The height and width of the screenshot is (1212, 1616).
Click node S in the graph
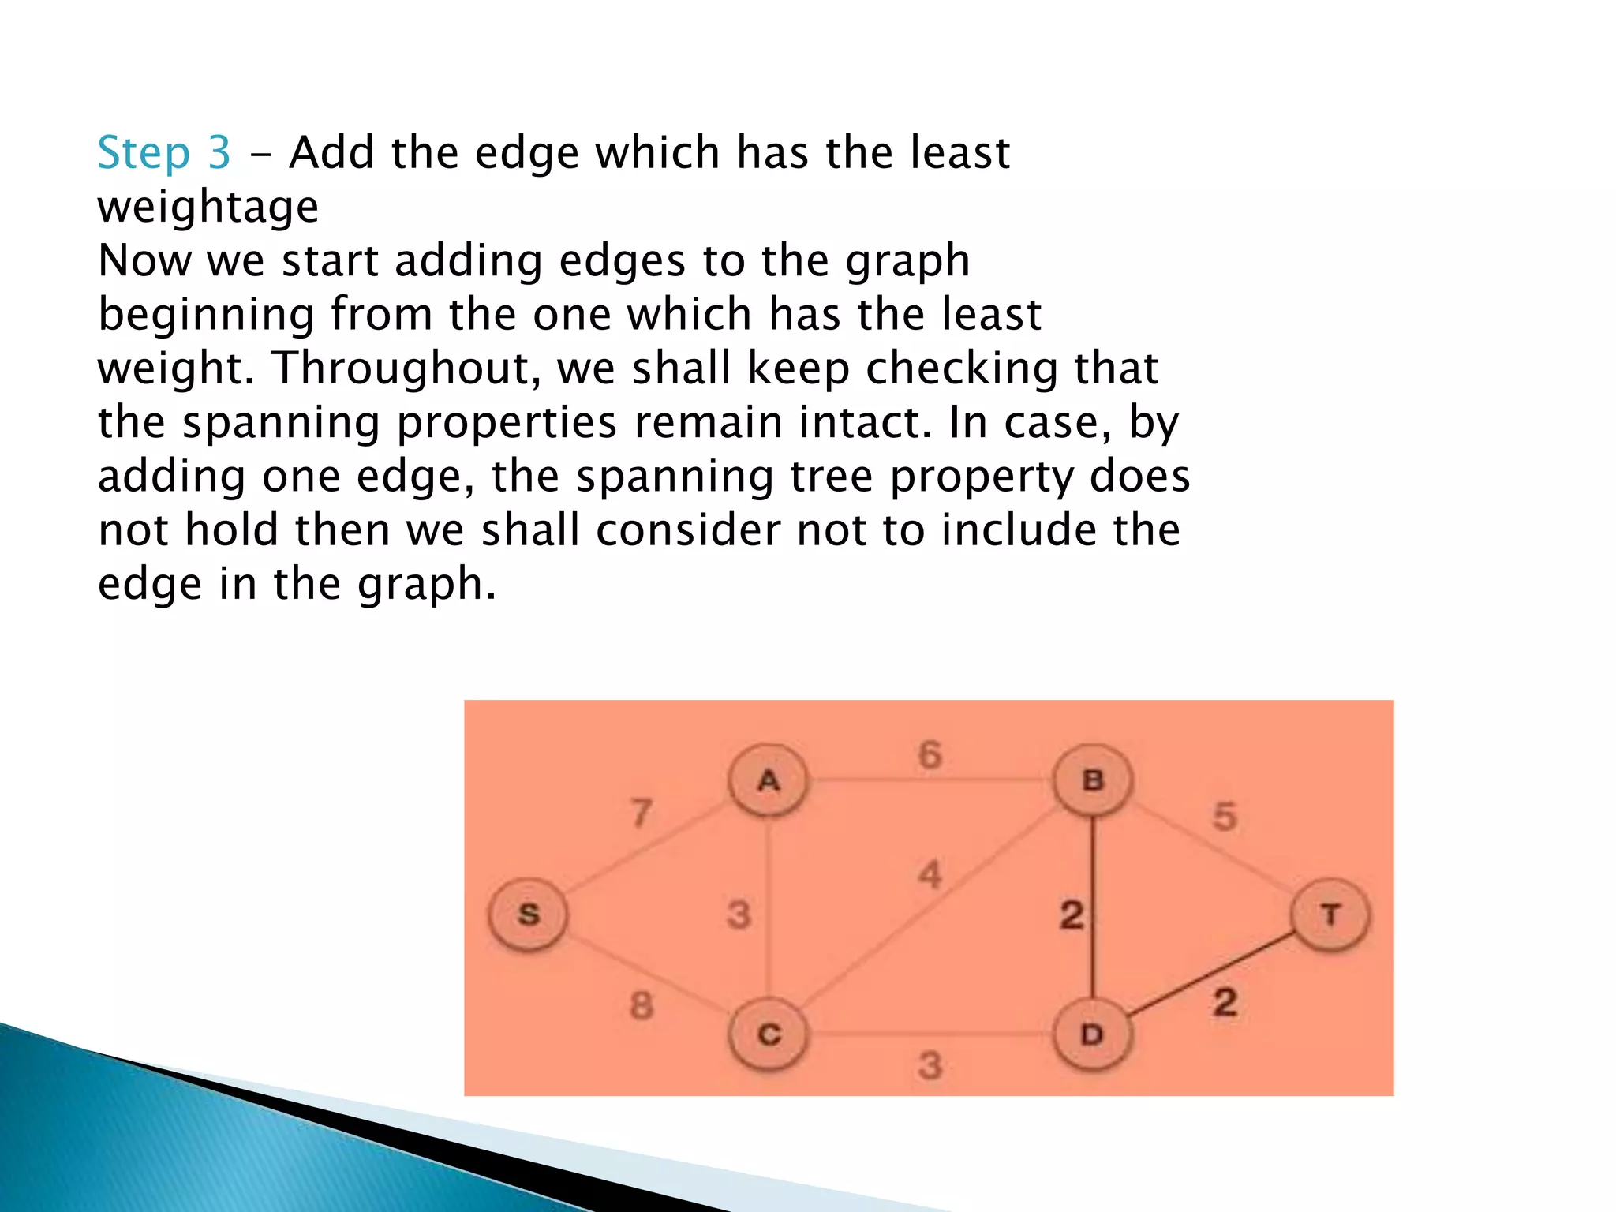528,915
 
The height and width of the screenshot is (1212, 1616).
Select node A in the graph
769,780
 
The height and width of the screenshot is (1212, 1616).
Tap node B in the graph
1093,780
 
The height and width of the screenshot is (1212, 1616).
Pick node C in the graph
769,1034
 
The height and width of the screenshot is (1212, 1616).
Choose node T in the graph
1331,915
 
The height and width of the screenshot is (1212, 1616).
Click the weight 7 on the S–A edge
642,813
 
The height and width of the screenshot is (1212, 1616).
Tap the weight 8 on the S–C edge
642,1006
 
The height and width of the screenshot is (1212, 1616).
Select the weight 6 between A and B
930,755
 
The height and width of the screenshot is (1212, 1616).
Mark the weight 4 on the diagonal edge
930,875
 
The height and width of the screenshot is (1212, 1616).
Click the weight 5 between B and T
1225,817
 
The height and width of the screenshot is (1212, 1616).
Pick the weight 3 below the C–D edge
930,1066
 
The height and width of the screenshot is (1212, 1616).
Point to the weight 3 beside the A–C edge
739,915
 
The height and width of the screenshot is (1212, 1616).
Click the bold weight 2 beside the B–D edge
1072,915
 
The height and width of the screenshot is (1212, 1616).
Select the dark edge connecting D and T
1207,975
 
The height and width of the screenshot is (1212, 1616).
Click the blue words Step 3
164,152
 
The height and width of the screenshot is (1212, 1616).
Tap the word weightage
208,207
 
